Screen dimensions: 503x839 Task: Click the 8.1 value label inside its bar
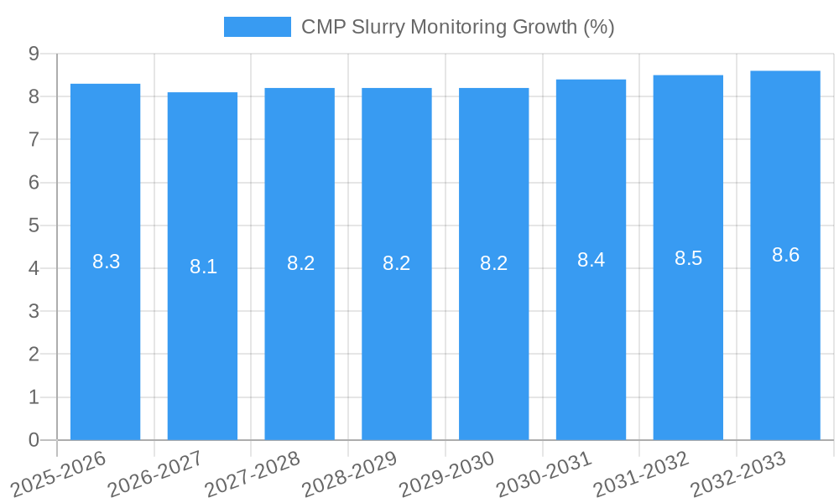point(203,267)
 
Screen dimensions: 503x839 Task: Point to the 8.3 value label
point(106,262)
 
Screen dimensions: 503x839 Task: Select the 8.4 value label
point(591,260)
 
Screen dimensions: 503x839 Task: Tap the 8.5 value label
point(688,258)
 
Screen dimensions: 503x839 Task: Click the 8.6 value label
point(785,256)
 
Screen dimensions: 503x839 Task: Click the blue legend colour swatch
point(257,27)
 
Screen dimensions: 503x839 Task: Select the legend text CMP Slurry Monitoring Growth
point(457,27)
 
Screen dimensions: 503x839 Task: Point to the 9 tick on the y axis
point(34,54)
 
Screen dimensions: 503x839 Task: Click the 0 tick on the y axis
point(34,440)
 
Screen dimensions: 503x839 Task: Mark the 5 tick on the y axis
point(34,226)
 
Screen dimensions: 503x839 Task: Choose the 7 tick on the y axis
point(34,139)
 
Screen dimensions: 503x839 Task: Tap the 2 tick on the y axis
point(34,355)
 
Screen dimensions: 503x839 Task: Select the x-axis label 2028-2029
point(350,473)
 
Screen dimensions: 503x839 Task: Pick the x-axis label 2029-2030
point(447,473)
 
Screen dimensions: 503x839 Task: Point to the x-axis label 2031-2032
point(641,473)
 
